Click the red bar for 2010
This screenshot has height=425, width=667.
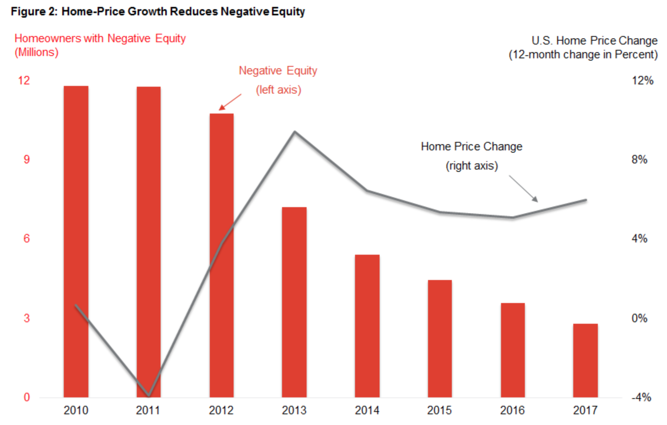pyautogui.click(x=76, y=242)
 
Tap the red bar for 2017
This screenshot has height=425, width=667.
pyautogui.click(x=586, y=361)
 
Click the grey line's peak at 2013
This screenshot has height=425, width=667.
pyautogui.click(x=295, y=132)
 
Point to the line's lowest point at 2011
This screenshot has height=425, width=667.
pyautogui.click(x=149, y=395)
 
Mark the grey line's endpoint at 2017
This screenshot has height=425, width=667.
pyautogui.click(x=586, y=200)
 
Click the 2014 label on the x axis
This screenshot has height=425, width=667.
pyautogui.click(x=367, y=410)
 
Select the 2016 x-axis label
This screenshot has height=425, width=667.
pyautogui.click(x=513, y=410)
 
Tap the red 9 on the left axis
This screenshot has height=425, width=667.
pyautogui.click(x=27, y=159)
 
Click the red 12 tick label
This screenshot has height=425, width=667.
pyautogui.click(x=24, y=80)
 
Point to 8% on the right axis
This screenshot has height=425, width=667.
pyautogui.click(x=639, y=159)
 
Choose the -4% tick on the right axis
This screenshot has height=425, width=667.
pyautogui.click(x=641, y=397)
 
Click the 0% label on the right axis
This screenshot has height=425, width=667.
pyautogui.click(x=639, y=318)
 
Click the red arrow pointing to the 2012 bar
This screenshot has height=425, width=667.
pyautogui.click(x=230, y=102)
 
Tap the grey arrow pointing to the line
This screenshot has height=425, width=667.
pyautogui.click(x=523, y=188)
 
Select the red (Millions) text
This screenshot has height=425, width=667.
pyautogui.click(x=37, y=52)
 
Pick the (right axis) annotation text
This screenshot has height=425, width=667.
pyautogui.click(x=472, y=166)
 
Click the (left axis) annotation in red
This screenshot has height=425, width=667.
pyautogui.click(x=279, y=90)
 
